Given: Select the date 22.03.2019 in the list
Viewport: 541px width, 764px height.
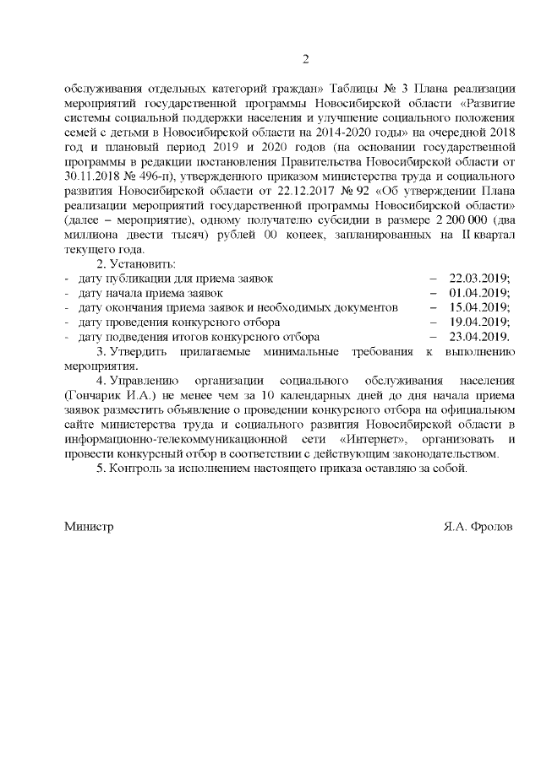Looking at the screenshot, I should (x=479, y=277).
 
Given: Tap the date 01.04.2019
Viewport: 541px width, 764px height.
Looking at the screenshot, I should (x=479, y=292).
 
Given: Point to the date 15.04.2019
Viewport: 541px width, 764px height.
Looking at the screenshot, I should (x=479, y=307).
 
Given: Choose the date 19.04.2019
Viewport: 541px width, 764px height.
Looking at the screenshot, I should (x=479, y=322).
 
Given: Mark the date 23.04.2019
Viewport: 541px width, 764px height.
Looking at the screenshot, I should (x=479, y=337).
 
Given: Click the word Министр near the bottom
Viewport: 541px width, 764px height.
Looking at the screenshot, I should (x=89, y=525).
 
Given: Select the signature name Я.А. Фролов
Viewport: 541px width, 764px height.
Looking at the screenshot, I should (x=478, y=525).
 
